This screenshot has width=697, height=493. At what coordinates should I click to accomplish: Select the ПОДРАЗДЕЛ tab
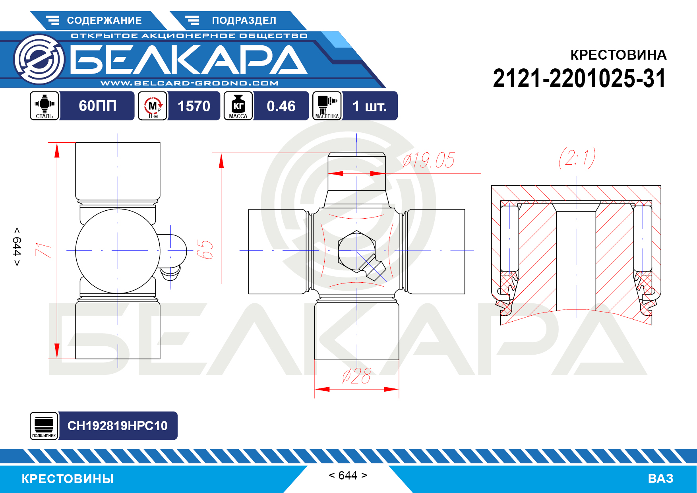(x=238, y=20)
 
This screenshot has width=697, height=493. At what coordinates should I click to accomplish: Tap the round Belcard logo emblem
(x=39, y=59)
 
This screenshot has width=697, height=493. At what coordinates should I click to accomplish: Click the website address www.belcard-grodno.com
(x=190, y=83)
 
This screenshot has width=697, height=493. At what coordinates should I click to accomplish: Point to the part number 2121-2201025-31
(x=579, y=78)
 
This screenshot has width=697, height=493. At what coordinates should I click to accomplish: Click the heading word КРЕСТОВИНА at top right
(x=618, y=55)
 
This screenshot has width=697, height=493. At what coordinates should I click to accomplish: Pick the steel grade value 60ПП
(x=97, y=106)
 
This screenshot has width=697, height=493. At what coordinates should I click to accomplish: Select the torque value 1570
(x=194, y=106)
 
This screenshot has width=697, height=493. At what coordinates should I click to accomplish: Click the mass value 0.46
(x=281, y=106)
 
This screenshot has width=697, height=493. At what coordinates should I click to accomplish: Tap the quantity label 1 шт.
(x=370, y=106)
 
